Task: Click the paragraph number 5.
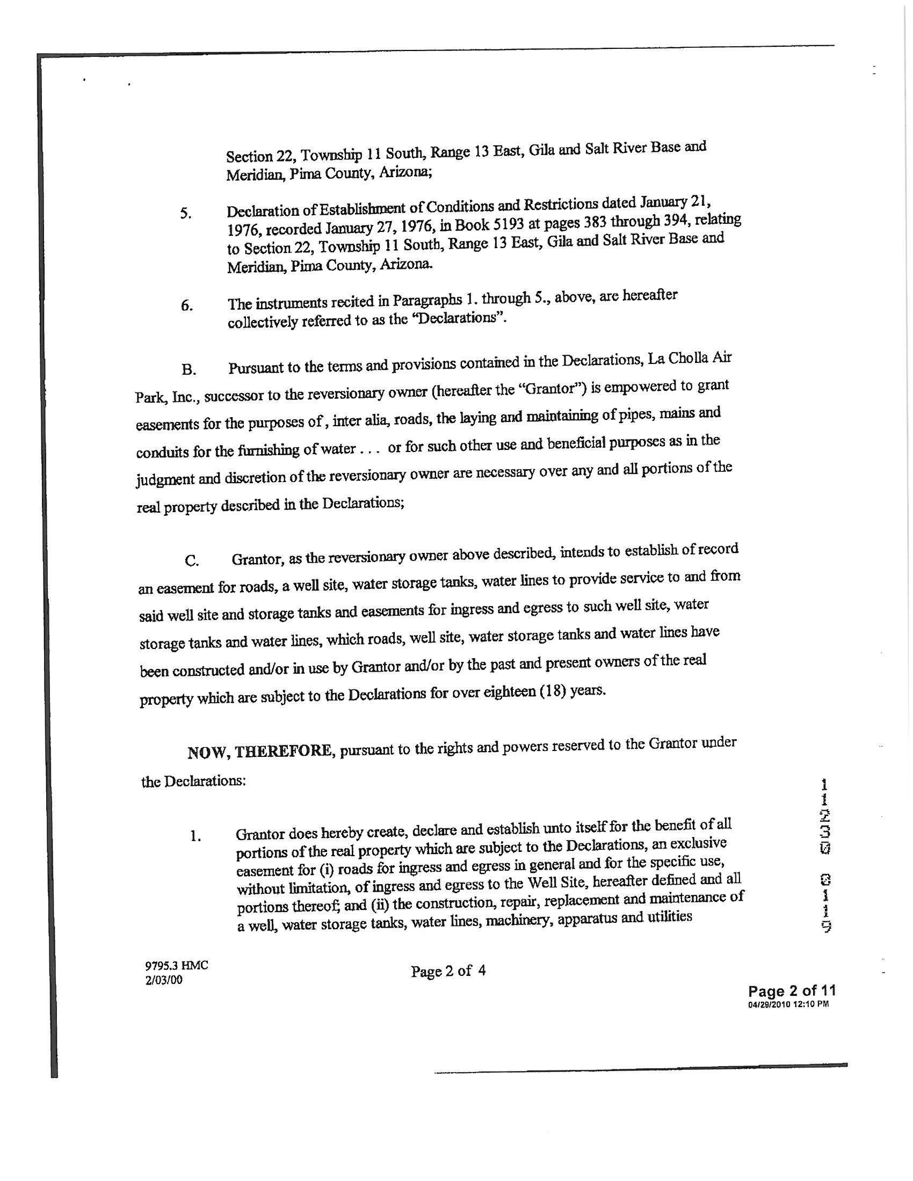(x=185, y=214)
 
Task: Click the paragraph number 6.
(x=186, y=306)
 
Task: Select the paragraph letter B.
(x=188, y=370)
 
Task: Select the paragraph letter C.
(x=192, y=561)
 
